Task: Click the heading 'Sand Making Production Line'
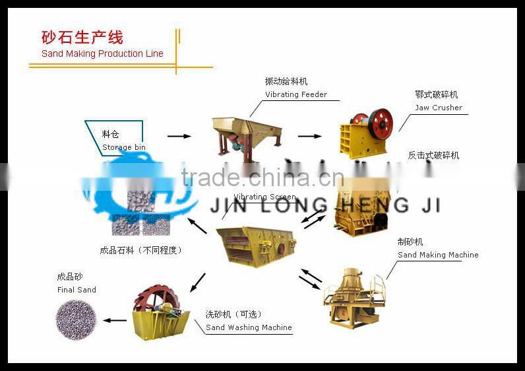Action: click(102, 53)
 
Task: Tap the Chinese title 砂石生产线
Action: click(82, 37)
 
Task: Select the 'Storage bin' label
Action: click(124, 147)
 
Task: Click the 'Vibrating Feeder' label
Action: click(296, 94)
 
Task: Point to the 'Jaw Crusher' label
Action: click(439, 108)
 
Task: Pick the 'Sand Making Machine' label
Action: click(438, 255)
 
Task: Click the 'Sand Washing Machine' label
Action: click(249, 327)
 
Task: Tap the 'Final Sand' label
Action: click(77, 290)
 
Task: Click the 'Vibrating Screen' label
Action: click(264, 197)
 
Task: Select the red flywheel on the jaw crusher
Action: click(381, 123)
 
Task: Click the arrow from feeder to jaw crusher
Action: click(309, 136)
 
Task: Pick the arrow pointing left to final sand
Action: click(115, 321)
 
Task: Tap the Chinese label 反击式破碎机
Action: click(433, 156)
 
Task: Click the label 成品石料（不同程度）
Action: click(140, 250)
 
